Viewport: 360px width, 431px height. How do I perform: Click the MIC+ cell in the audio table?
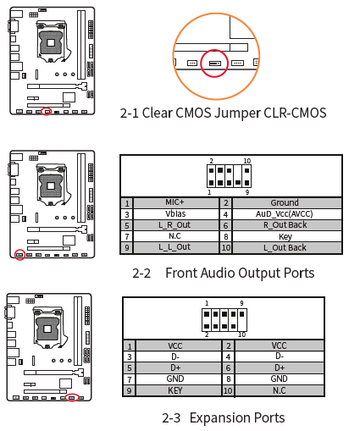[x=175, y=203]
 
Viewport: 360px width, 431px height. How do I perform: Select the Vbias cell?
[x=175, y=214]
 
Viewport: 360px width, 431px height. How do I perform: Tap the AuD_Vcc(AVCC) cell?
[x=285, y=214]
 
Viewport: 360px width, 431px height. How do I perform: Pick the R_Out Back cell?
[x=285, y=225]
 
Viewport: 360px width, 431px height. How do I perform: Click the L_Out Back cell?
[x=285, y=247]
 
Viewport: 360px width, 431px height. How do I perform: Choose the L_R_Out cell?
[x=175, y=225]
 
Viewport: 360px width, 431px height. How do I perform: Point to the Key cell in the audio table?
[x=285, y=236]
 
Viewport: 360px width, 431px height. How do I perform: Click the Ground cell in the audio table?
[x=285, y=203]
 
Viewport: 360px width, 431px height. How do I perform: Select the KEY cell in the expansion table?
[x=175, y=390]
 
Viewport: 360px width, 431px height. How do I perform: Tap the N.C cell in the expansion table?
[x=279, y=390]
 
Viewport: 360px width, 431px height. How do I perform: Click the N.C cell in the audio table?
[x=175, y=236]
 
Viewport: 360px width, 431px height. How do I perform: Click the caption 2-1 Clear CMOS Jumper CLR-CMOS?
[x=223, y=113]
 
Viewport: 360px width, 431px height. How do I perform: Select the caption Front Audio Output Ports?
[x=240, y=273]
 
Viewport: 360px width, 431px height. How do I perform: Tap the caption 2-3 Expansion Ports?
[x=223, y=417]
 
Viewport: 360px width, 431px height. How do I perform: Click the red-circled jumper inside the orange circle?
[x=214, y=63]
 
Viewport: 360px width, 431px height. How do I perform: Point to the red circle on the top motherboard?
[x=46, y=111]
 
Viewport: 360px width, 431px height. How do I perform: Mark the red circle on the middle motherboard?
[x=19, y=253]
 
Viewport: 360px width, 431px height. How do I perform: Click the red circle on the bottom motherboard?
[x=73, y=396]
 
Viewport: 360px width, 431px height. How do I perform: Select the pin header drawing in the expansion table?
[x=224, y=318]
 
